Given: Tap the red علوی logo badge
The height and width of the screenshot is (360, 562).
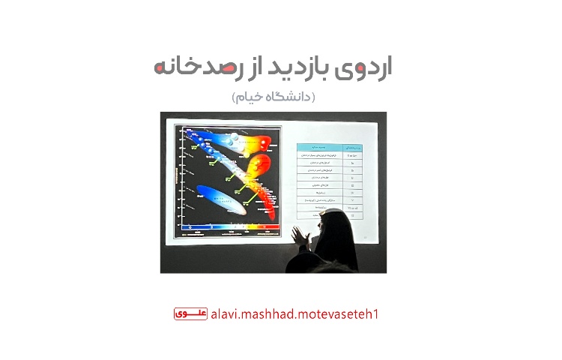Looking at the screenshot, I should pyautogui.click(x=190, y=313).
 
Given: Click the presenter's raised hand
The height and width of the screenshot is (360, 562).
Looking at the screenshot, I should pyautogui.click(x=300, y=236).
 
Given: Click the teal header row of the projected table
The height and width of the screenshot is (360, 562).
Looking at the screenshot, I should pyautogui.click(x=330, y=148).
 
